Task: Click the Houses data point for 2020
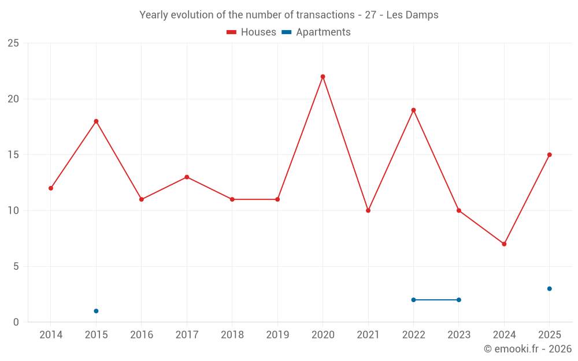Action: (x=323, y=76)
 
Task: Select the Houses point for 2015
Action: (x=96, y=121)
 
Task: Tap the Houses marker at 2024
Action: (x=504, y=244)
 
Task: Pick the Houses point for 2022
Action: (x=413, y=110)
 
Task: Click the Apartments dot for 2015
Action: (x=96, y=311)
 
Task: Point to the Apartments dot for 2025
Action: (x=549, y=289)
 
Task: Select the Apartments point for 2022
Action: (x=413, y=300)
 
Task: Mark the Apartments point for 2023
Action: (x=458, y=300)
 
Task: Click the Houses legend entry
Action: (x=251, y=32)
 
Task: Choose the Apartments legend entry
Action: (x=316, y=32)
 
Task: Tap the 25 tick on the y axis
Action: (x=13, y=43)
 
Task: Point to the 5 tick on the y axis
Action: (x=16, y=266)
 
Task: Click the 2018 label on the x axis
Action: (x=232, y=334)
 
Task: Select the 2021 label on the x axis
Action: (x=368, y=334)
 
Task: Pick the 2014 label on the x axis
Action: (x=51, y=334)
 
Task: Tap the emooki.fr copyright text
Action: (x=528, y=349)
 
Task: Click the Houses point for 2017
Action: (x=187, y=177)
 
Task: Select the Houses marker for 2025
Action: (x=549, y=155)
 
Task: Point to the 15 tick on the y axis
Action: (x=13, y=155)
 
